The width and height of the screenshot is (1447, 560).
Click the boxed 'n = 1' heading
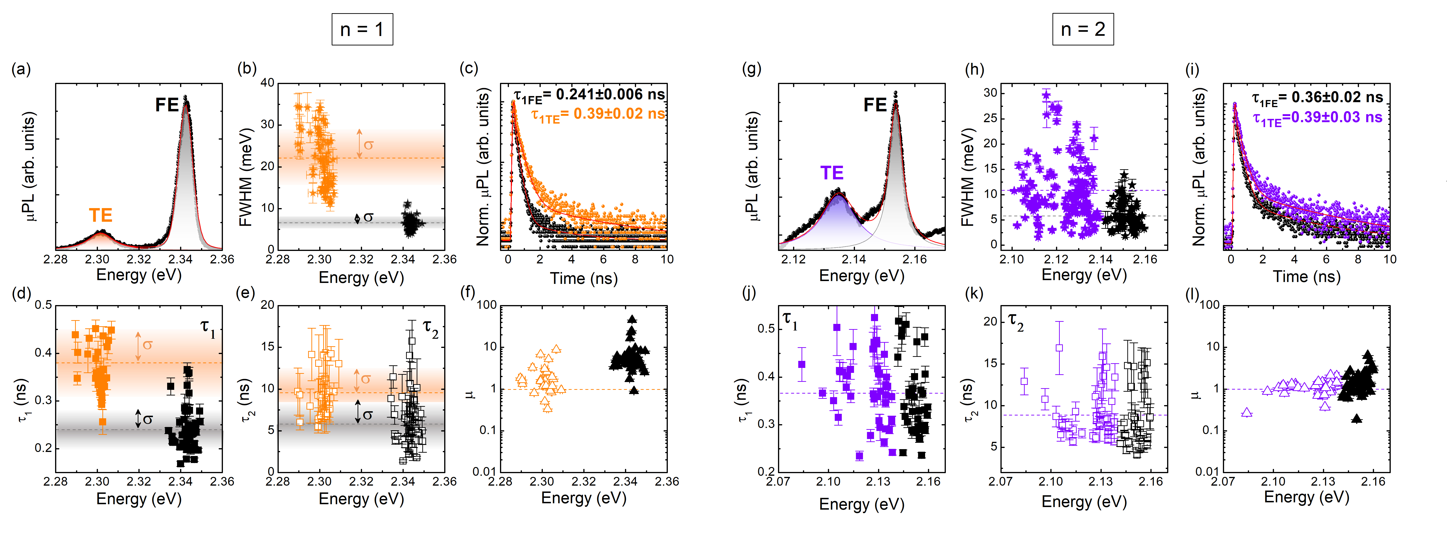click(362, 29)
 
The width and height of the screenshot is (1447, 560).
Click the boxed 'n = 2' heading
click(1082, 29)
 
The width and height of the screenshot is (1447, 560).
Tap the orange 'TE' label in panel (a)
click(101, 215)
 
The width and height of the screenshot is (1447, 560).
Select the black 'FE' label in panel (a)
click(167, 105)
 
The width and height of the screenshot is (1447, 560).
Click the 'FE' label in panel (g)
click(875, 105)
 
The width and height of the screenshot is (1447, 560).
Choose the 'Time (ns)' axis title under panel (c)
click(584, 279)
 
